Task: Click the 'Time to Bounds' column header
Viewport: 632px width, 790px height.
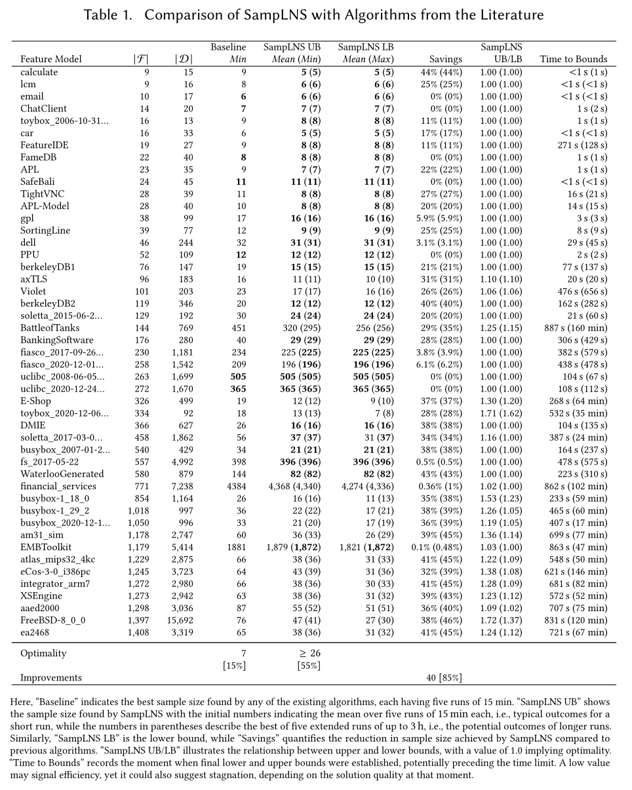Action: point(574,59)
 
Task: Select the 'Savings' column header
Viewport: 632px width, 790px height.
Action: point(445,59)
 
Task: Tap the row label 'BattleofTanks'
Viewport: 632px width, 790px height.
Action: point(52,328)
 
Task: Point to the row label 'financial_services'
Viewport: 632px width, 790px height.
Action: point(58,486)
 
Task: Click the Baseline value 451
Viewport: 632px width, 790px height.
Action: point(238,328)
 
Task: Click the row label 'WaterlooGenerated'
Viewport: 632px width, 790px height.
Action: point(62,474)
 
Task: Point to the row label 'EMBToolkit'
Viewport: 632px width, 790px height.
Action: point(46,547)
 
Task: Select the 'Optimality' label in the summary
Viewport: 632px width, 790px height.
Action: point(43,654)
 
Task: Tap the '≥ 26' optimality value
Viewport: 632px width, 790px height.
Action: point(306,654)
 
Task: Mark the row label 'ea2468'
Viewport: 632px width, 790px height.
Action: point(35,632)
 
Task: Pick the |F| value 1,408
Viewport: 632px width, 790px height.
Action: point(138,632)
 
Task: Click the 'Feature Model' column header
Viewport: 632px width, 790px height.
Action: point(51,59)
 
